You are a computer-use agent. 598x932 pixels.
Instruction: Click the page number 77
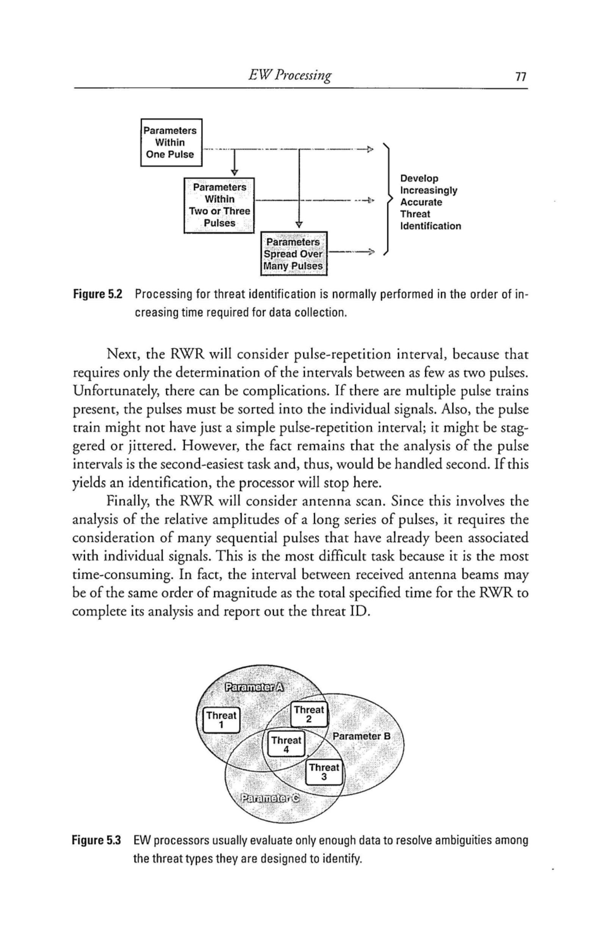point(520,77)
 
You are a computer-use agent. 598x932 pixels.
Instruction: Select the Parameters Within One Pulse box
point(171,143)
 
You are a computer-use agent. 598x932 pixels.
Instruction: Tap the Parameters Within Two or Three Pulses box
point(219,205)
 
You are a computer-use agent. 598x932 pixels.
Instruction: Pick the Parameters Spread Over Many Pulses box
point(294,254)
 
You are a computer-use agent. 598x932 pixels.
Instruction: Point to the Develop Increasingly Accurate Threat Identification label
point(430,202)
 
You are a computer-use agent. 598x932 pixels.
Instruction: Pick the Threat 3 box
point(325,772)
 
